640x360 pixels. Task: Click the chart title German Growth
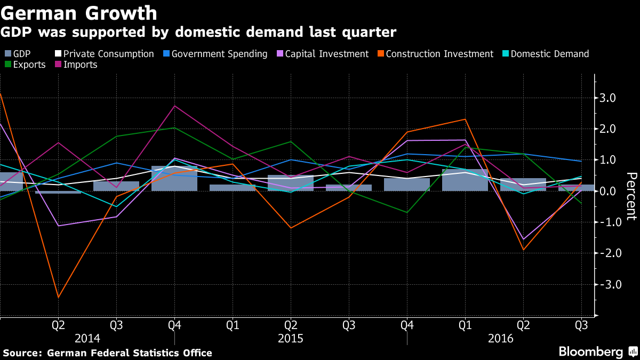[79, 12]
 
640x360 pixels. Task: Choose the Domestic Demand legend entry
[549, 54]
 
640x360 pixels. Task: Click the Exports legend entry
[29, 65]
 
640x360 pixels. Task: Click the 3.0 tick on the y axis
[609, 98]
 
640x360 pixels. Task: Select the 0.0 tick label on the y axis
[609, 191]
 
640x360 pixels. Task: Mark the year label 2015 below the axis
[291, 339]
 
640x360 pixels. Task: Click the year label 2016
[500, 339]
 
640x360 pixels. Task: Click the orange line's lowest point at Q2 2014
[58, 298]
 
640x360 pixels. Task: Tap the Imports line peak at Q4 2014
[174, 106]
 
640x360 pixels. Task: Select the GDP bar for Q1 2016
[465, 180]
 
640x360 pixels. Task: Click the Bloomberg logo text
[590, 352]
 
